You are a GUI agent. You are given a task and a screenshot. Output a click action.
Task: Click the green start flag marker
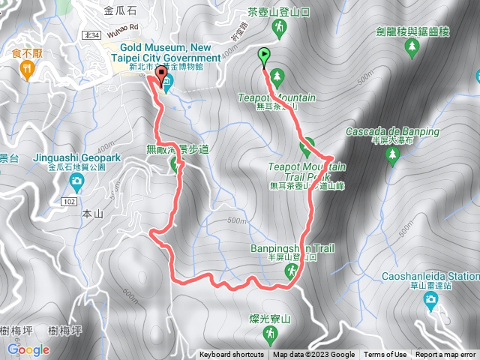coord(264,55)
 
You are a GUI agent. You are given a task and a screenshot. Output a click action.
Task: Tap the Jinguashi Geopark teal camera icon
coord(65,184)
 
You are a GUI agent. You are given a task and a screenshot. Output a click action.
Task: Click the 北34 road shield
coord(91,34)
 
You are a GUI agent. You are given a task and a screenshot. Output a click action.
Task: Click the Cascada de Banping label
coord(392,131)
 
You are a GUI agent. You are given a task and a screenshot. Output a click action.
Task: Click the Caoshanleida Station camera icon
coord(430,301)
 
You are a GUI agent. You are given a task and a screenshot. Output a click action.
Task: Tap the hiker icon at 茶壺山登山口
coord(280,28)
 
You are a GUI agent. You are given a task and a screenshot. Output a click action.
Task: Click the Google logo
coord(28,349)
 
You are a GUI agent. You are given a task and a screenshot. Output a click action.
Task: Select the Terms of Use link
coord(385,355)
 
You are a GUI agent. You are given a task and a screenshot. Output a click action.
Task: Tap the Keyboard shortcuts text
coord(231,355)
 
